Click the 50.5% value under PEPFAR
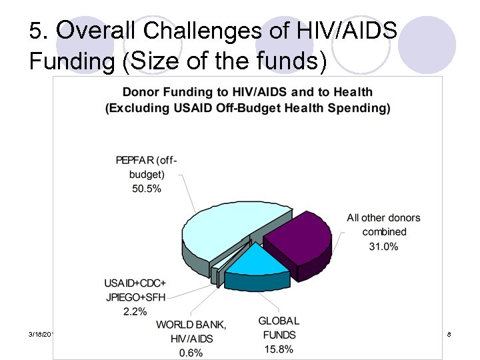tap(147, 189)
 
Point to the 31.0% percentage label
tap(383, 247)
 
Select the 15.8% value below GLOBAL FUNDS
tap(278, 349)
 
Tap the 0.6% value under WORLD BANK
tap(191, 353)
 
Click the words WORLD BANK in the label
tap(191, 325)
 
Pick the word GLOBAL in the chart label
tap(279, 321)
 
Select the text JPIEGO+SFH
tap(135, 297)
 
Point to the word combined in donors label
tap(384, 232)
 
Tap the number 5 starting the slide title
tap(37, 31)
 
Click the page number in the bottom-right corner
tap(450, 333)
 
